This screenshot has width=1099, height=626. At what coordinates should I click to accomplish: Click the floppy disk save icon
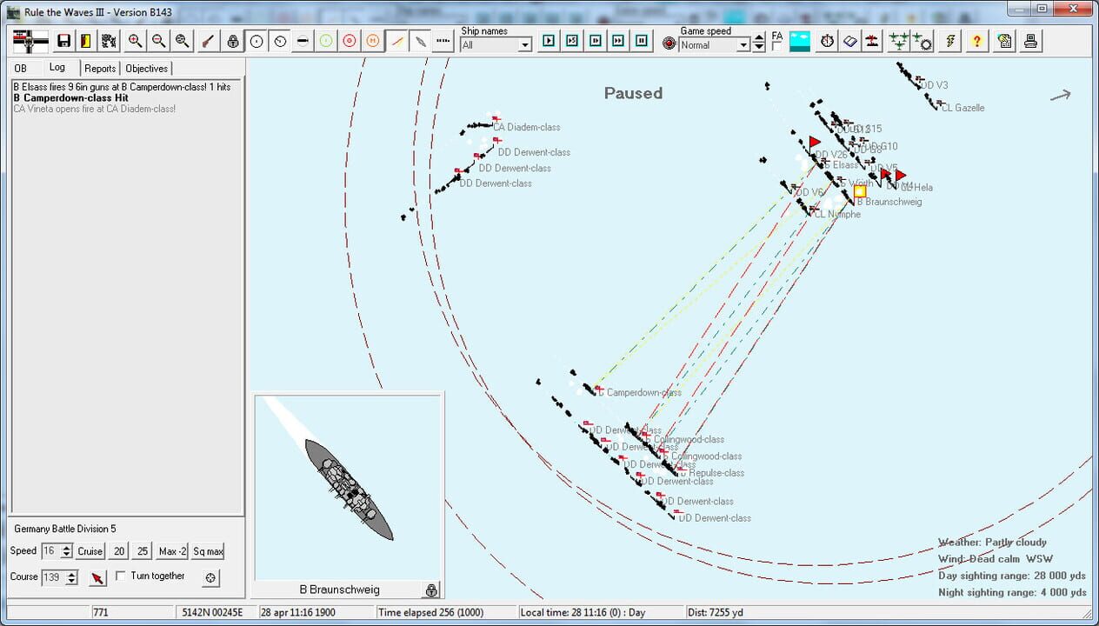[x=63, y=41]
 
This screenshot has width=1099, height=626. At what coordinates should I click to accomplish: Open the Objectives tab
[x=146, y=69]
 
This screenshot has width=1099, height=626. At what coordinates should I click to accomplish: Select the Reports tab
[x=100, y=69]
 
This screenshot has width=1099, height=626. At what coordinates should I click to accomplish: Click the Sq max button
[x=208, y=551]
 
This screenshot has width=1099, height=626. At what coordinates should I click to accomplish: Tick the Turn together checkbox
[x=121, y=576]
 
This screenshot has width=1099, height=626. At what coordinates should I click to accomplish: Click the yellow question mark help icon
[x=976, y=41]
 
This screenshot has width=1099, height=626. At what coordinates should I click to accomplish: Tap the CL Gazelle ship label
[x=962, y=108]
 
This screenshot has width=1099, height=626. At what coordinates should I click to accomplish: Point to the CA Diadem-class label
[x=527, y=127]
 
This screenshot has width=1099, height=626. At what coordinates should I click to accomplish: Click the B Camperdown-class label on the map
[x=643, y=392]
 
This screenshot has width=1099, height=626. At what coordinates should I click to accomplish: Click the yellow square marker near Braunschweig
[x=859, y=191]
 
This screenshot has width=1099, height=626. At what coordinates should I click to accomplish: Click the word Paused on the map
[x=633, y=93]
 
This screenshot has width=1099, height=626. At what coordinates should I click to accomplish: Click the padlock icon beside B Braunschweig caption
[x=430, y=590]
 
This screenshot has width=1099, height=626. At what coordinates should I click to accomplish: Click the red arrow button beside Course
[x=97, y=578]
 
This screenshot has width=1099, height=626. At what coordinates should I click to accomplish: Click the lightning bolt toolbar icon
[x=950, y=41]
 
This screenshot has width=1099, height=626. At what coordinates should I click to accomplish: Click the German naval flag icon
[x=30, y=41]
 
